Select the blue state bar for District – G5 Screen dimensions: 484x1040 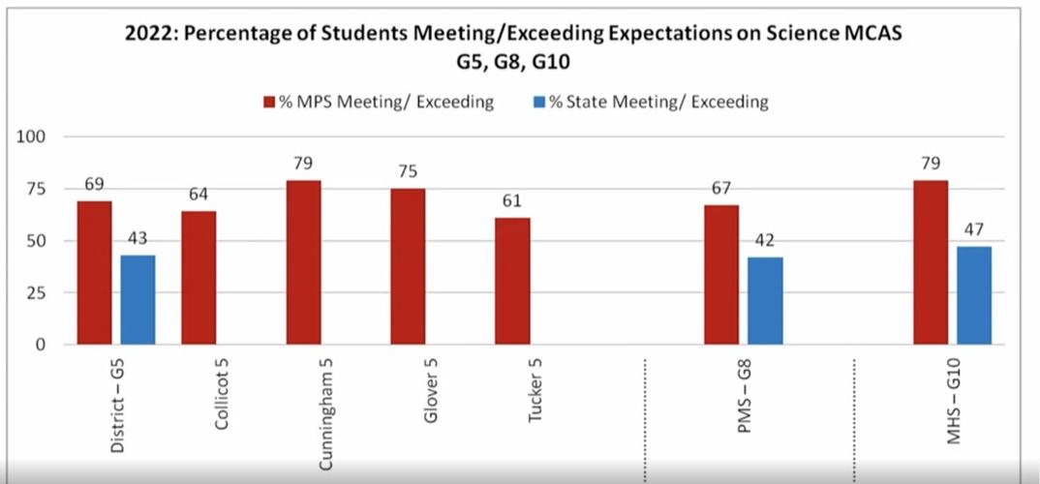[138, 299]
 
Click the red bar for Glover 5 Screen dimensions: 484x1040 [408, 265]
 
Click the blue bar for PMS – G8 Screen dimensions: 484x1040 [765, 300]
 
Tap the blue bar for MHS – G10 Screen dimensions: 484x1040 [974, 295]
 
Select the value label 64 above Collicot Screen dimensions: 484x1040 [199, 195]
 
